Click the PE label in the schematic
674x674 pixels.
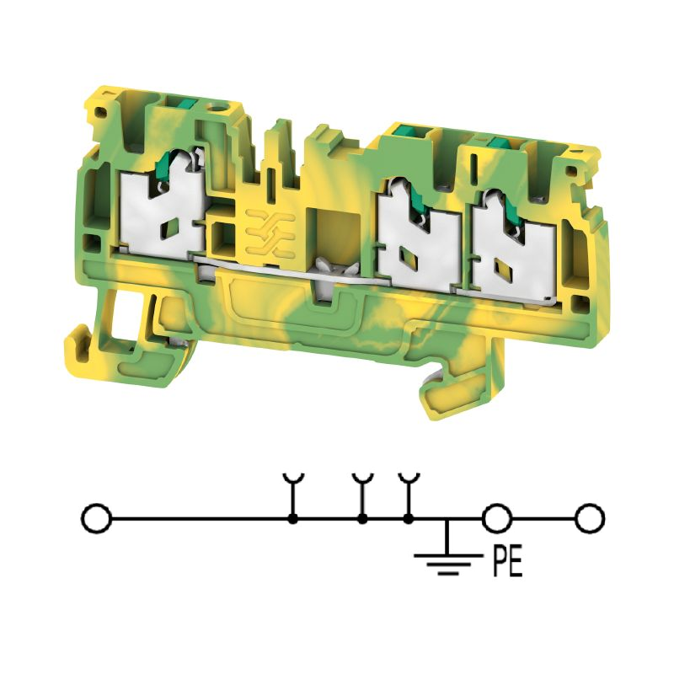pos(507,562)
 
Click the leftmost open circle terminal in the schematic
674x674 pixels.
pos(96,519)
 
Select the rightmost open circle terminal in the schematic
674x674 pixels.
pos(591,519)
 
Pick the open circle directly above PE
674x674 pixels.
pos(497,519)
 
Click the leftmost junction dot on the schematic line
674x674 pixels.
pos(293,519)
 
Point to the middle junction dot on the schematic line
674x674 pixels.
pos(363,519)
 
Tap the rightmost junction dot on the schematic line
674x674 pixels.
pos(409,519)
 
